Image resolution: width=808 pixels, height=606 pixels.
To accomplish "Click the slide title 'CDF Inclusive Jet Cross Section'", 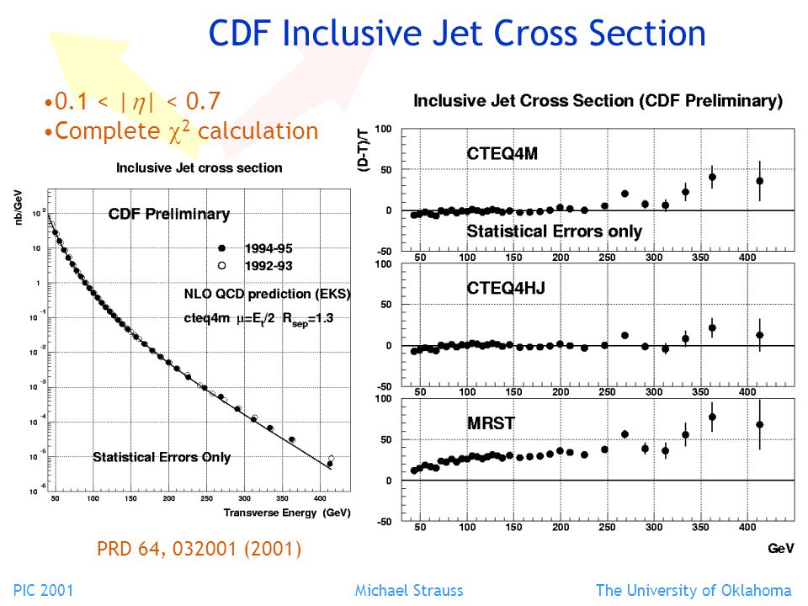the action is (x=456, y=33).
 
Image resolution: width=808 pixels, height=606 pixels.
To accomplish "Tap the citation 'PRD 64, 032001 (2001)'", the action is (x=199, y=549).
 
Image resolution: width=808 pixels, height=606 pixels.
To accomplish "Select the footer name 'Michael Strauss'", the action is (x=409, y=591).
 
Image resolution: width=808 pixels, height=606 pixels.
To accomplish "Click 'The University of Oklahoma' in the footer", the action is (x=694, y=591).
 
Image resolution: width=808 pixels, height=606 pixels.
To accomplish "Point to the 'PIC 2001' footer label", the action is (x=43, y=591).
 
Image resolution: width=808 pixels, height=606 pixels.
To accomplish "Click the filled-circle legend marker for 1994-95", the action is (x=221, y=248).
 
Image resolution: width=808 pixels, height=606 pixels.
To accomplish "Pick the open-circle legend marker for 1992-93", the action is (x=221, y=266).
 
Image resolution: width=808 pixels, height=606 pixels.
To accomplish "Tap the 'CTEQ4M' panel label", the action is (x=502, y=153).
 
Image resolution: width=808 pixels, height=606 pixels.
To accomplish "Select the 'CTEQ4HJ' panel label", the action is (x=506, y=288).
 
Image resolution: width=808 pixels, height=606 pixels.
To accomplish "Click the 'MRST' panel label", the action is (x=491, y=423).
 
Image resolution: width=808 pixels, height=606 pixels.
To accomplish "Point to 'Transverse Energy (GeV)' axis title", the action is (x=287, y=513).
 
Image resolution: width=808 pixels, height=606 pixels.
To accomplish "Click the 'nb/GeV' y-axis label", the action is (x=18, y=208).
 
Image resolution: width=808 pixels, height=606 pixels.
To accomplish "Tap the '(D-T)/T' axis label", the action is (x=364, y=150).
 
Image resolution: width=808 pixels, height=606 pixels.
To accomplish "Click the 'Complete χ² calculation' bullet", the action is (x=182, y=131).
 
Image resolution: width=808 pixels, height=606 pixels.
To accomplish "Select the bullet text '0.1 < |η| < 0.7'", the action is (x=132, y=101).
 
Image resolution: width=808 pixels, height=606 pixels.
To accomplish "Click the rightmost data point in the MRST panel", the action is (x=759, y=424).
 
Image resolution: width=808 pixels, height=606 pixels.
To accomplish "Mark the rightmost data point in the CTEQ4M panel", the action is (x=759, y=181).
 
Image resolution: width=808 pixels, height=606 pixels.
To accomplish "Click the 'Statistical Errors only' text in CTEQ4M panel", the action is (x=554, y=231).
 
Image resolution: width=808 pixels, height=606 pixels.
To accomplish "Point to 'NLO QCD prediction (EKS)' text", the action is (x=267, y=294).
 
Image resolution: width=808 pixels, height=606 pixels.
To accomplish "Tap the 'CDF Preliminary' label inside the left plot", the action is (x=169, y=214).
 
